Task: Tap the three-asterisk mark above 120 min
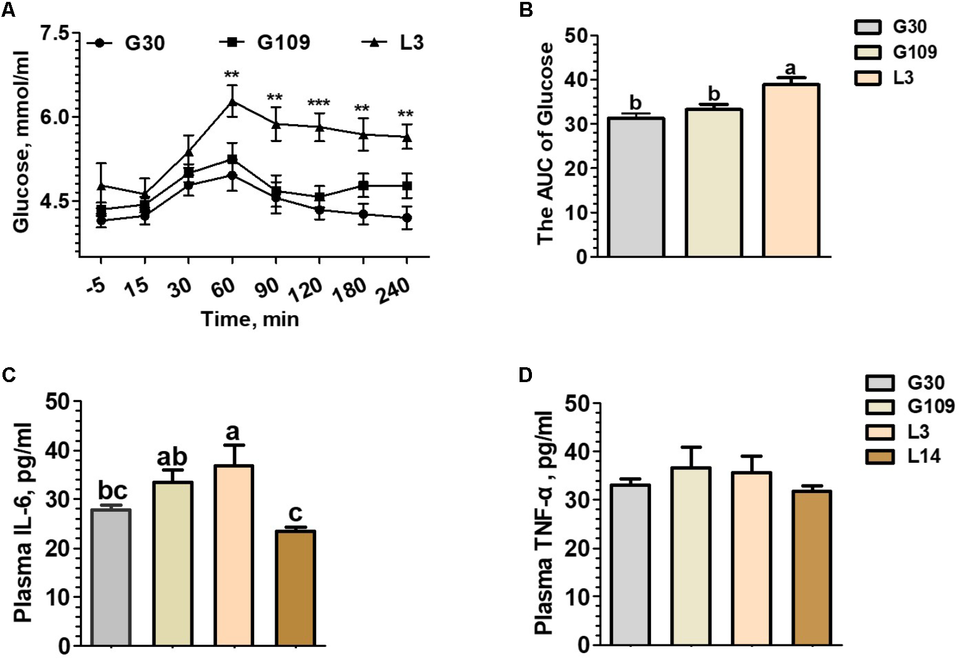319,103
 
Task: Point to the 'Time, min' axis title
249,319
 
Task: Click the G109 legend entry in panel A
265,43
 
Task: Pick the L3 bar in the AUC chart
791,170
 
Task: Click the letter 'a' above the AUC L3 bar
790,68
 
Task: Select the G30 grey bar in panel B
636,187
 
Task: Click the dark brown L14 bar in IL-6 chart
296,587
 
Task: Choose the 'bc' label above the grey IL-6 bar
112,491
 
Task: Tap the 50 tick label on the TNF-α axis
575,403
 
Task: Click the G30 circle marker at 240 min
407,218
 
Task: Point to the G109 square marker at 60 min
232,159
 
